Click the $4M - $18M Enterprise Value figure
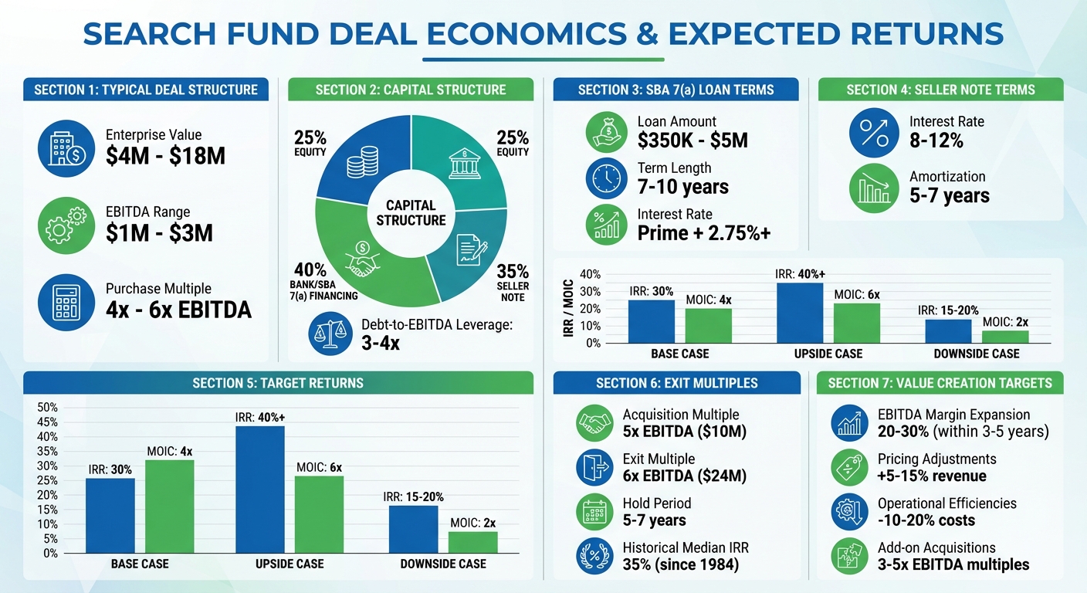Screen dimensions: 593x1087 pyautogui.click(x=165, y=156)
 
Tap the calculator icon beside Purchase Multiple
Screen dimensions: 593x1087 pyautogui.click(x=66, y=303)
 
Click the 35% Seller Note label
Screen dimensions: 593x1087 pyautogui.click(x=513, y=283)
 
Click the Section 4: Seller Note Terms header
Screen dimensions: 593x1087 pyautogui.click(x=940, y=90)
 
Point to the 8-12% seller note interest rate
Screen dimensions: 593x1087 pyautogui.click(x=936, y=141)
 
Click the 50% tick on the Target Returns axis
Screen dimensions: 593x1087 pyautogui.click(x=48, y=407)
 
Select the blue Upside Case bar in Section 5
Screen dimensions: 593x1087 pyautogui.click(x=259, y=490)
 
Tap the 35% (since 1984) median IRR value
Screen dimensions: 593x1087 pyautogui.click(x=680, y=564)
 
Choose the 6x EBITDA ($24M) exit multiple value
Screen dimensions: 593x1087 pyautogui.click(x=684, y=476)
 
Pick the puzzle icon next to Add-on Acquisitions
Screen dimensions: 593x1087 pyautogui.click(x=850, y=555)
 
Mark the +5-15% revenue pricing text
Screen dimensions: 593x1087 pyautogui.click(x=932, y=476)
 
